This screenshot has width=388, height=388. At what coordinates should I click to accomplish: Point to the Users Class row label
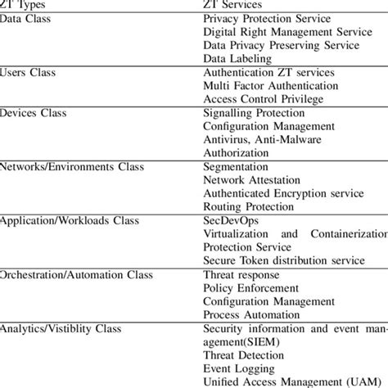tap(29, 73)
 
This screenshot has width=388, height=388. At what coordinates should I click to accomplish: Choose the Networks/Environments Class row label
tap(72, 166)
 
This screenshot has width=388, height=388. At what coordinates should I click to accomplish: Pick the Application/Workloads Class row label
tap(73, 221)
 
